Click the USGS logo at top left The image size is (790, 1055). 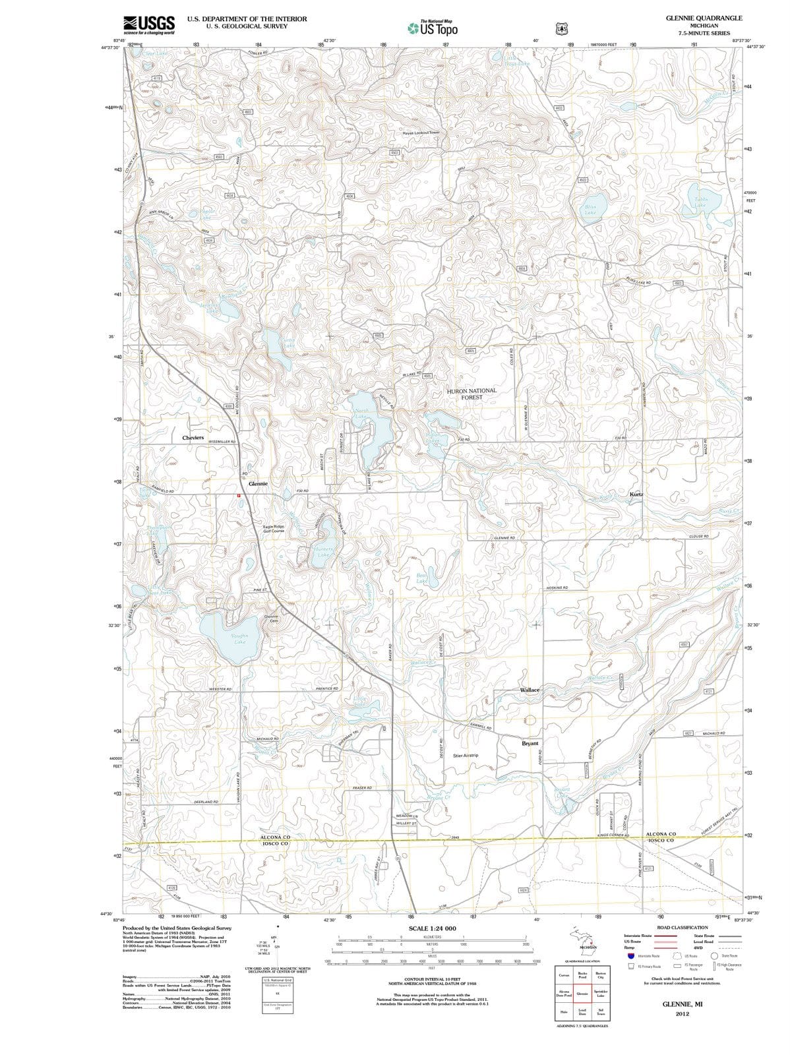tap(149, 24)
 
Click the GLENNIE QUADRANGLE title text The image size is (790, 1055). tap(704, 18)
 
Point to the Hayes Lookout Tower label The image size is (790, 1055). tap(421, 133)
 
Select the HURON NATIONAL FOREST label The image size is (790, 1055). tap(471, 394)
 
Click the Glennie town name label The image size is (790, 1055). tap(258, 483)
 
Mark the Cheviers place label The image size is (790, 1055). tap(193, 438)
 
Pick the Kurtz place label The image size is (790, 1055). tap(636, 494)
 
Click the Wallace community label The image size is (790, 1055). tap(530, 690)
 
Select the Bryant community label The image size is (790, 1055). tap(530, 743)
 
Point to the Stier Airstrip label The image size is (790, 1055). tap(466, 755)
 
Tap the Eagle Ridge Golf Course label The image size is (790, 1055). tap(274, 529)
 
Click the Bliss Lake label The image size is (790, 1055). tap(590, 210)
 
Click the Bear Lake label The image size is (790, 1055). tap(422, 578)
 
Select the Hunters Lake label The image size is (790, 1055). tap(323, 552)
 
